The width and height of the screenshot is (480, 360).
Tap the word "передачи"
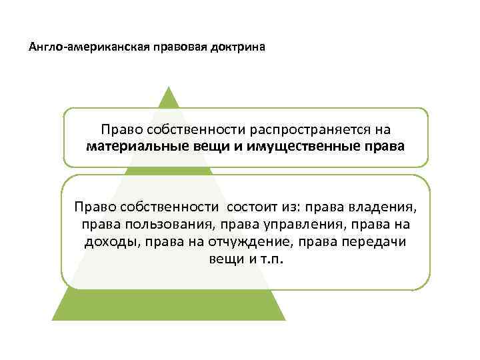(x=373, y=242)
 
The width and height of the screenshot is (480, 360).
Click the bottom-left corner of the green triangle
(x=53, y=319)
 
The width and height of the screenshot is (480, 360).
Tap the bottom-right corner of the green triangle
(x=285, y=319)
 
